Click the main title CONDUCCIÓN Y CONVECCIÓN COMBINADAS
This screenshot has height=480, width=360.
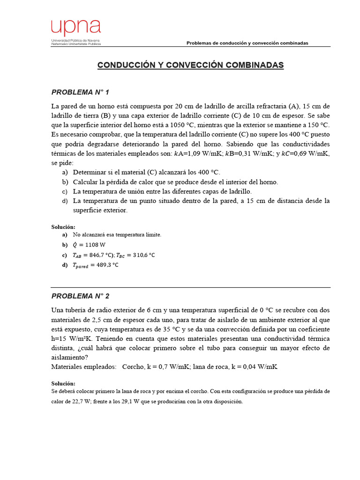click(190, 65)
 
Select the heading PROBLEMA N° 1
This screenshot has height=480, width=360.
click(80, 92)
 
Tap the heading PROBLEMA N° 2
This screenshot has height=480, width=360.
click(80, 296)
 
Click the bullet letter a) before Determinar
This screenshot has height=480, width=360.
click(65, 172)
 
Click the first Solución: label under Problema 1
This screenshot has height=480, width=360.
click(63, 227)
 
